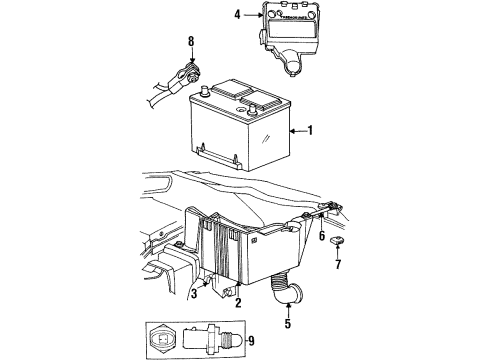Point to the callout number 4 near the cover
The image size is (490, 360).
click(238, 15)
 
